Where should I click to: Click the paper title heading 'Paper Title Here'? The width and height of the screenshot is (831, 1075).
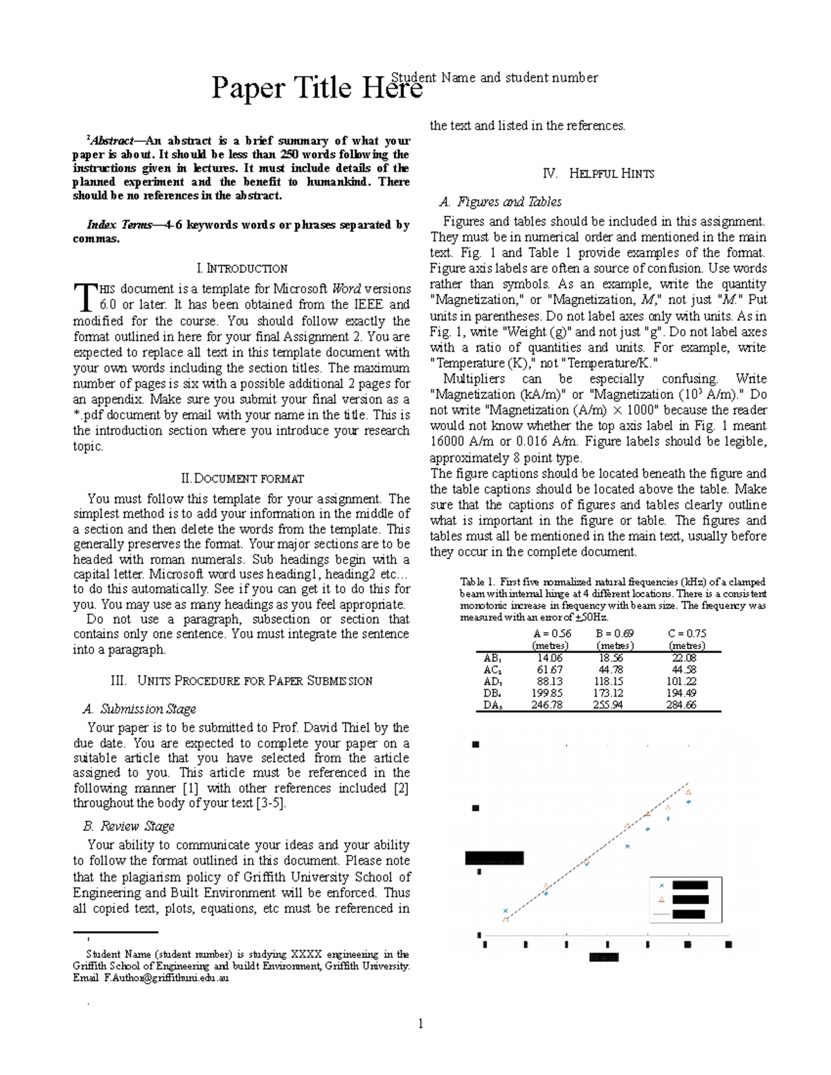[x=316, y=89]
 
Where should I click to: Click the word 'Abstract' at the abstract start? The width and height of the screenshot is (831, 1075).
[x=98, y=141]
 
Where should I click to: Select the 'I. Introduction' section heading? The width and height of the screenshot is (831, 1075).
[x=242, y=269]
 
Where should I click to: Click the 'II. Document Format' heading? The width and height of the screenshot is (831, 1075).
[x=242, y=478]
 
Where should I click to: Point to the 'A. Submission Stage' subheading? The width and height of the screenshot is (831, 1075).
[x=139, y=709]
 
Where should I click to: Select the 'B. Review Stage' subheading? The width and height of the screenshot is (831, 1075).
[x=128, y=826]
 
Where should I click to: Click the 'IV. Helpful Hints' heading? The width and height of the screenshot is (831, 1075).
[x=599, y=174]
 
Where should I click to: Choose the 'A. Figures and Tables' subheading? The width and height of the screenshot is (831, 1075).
[x=501, y=202]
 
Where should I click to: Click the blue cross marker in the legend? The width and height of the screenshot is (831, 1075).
[x=661, y=885]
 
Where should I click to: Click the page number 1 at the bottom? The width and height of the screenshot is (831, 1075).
[x=420, y=1024]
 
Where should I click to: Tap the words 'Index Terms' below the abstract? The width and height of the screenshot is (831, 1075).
[x=115, y=225]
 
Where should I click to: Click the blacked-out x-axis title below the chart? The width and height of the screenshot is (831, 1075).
[x=603, y=958]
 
